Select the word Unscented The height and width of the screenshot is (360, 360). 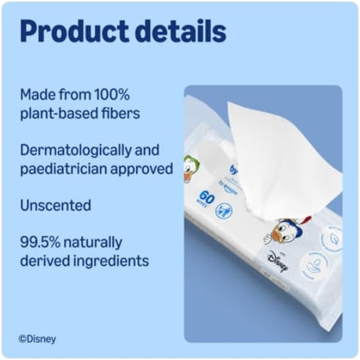point(55,205)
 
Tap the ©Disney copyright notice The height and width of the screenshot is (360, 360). point(37,339)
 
